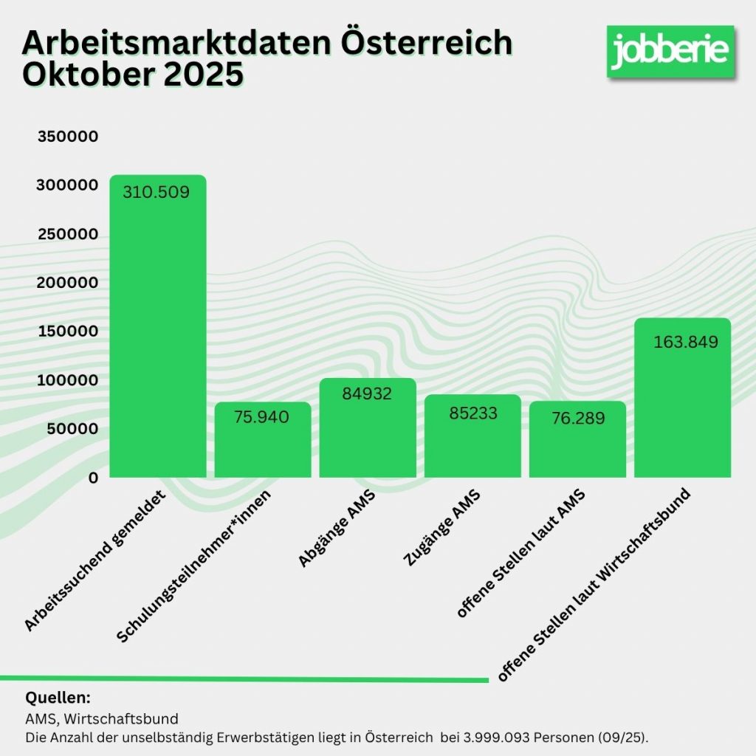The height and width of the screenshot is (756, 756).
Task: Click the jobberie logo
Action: pyautogui.click(x=670, y=50)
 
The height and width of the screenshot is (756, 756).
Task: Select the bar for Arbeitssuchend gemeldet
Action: pyautogui.click(x=157, y=332)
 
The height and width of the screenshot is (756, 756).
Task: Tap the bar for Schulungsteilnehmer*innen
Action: pyautogui.click(x=262, y=443)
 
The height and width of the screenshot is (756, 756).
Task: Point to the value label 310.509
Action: pyautogui.click(x=157, y=193)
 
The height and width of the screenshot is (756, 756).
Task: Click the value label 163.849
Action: pyautogui.click(x=686, y=342)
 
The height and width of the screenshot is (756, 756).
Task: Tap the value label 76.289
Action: pyautogui.click(x=578, y=419)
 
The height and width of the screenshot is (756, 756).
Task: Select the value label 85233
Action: pyautogui.click(x=473, y=413)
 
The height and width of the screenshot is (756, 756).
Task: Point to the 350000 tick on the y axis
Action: pyautogui.click(x=67, y=137)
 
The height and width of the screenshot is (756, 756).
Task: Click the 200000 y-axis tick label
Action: pyautogui.click(x=67, y=283)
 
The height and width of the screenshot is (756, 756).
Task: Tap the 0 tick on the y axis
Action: pyautogui.click(x=93, y=478)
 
